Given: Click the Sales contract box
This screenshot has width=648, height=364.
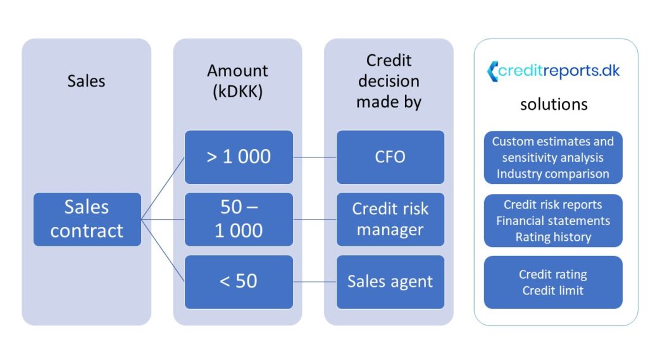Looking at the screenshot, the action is [x=87, y=219].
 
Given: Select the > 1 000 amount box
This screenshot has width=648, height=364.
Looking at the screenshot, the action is [x=239, y=157].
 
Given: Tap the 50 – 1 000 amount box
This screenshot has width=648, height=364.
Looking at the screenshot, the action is [x=239, y=219].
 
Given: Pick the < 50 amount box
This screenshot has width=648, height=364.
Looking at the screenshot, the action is [x=239, y=282].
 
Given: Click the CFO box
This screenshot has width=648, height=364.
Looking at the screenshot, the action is [x=390, y=157].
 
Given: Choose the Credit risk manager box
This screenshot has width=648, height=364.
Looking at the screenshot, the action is [x=390, y=219].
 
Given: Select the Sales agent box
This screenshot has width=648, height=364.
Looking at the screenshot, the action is [x=390, y=282].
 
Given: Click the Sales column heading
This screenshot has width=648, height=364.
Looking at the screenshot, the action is [x=86, y=81].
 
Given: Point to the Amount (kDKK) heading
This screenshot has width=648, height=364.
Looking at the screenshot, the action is [x=238, y=82].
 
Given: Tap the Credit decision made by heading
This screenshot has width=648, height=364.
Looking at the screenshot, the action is [x=389, y=82].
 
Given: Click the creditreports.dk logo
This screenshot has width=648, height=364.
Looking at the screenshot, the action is [x=553, y=71].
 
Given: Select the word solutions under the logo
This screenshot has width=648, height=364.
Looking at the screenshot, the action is [x=554, y=104].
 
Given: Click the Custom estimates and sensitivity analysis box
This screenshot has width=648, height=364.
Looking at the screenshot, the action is [x=553, y=157].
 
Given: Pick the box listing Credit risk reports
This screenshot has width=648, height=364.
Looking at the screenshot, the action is [x=553, y=221].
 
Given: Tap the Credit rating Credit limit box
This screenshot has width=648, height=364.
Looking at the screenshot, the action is [x=553, y=282].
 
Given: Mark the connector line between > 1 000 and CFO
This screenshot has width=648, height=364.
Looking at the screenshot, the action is [x=315, y=157].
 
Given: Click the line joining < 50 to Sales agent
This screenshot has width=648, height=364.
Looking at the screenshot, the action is [x=315, y=282].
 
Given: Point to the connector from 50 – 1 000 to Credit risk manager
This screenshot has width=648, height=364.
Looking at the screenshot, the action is [x=315, y=219].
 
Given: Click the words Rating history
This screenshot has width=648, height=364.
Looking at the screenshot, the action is [x=553, y=237].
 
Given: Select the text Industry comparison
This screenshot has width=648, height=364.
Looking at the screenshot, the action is [x=553, y=174].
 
